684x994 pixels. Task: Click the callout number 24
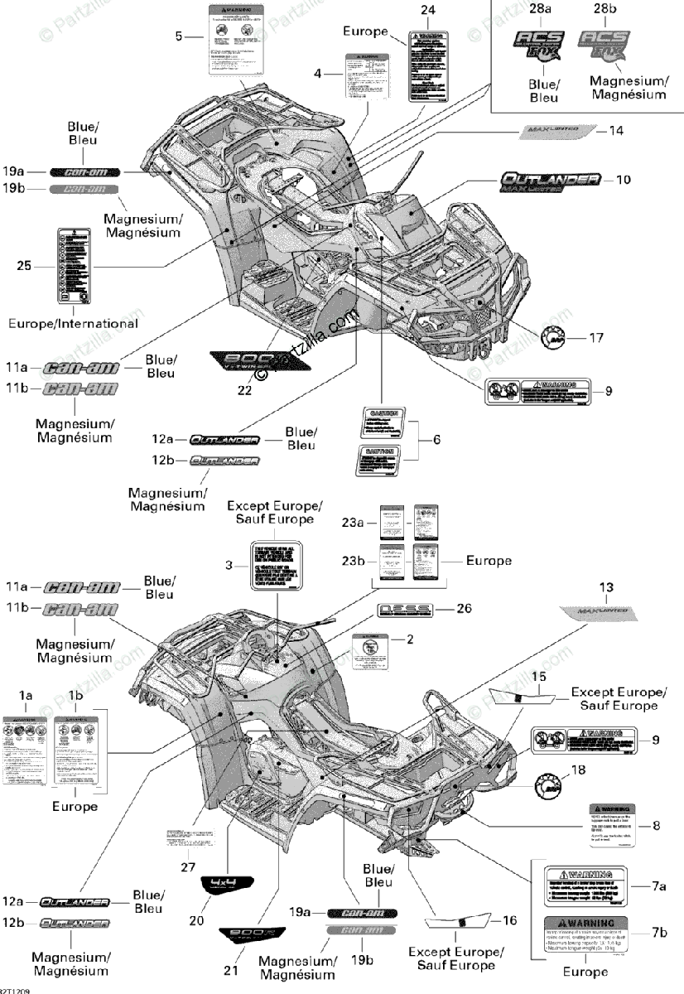coord(427,10)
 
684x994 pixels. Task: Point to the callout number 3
coord(229,567)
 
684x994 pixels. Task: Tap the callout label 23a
coord(351,524)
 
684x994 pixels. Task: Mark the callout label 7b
coord(659,932)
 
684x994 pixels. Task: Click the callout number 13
coord(607,587)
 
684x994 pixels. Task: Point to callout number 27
coord(187,866)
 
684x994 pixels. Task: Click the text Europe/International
coord(73,323)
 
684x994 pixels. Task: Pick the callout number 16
coord(510,919)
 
